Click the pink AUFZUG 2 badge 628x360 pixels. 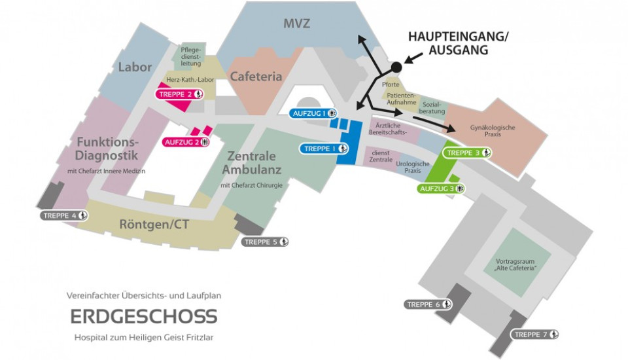click(x=186, y=141)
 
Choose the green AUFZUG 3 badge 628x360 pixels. click(x=442, y=189)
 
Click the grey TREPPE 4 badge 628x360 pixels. click(x=64, y=215)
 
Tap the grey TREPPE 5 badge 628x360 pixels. click(x=266, y=242)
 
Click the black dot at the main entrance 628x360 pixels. click(x=396, y=67)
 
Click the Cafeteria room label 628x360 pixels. click(x=256, y=77)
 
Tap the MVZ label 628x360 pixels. click(x=297, y=24)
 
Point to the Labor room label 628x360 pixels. click(x=135, y=67)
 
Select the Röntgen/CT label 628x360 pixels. click(x=154, y=225)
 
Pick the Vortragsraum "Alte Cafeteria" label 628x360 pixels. click(x=516, y=264)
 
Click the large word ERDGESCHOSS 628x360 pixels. click(x=144, y=317)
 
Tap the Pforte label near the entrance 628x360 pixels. click(x=391, y=84)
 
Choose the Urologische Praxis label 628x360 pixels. click(x=413, y=167)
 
